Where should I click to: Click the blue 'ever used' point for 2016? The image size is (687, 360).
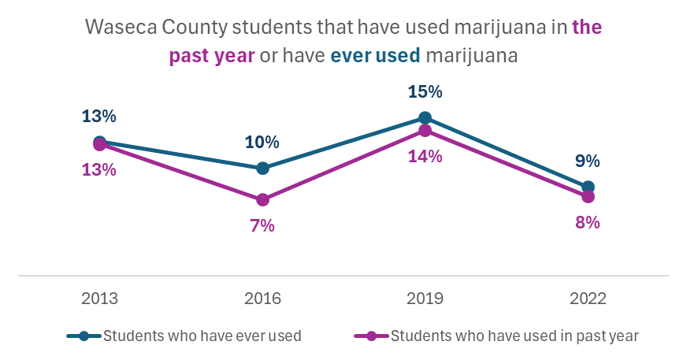pos(262,168)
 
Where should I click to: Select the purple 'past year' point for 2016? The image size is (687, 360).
pos(262,199)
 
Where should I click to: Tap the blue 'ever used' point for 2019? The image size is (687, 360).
pos(425,118)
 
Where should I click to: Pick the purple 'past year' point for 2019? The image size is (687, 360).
pos(425,130)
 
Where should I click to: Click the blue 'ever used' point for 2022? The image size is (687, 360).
pos(588,187)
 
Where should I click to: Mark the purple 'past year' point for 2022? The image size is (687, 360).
pos(588,196)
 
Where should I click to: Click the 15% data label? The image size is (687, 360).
pos(425,91)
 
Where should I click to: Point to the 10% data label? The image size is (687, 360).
pos(262,142)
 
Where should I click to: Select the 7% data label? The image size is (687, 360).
pos(262,226)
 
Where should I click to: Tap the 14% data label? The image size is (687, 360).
pos(425,157)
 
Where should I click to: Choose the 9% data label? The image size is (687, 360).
pos(588,161)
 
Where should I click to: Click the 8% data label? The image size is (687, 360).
pos(588,222)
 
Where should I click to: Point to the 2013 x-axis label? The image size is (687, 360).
pos(99,299)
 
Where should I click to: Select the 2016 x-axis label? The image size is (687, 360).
pos(262,299)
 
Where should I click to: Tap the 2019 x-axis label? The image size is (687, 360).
pos(425,299)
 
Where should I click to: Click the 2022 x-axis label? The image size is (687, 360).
pos(588,299)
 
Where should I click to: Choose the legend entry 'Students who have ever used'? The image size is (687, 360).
pos(202,336)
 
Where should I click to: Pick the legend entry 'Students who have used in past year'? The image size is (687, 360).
pos(514,336)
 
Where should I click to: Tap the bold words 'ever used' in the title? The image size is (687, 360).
pos(375,57)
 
